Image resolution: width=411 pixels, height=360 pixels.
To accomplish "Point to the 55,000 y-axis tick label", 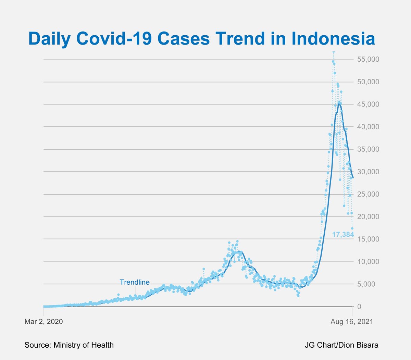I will (x=368, y=59).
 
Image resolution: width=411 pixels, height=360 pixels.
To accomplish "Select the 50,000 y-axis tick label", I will (x=368, y=82).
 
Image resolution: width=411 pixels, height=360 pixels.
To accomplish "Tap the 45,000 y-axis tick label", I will (x=368, y=104).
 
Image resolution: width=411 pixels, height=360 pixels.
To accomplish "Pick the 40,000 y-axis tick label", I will (x=368, y=127).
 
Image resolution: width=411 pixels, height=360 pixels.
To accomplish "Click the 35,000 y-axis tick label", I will (x=368, y=149).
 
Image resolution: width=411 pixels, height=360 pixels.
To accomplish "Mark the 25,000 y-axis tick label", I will (x=368, y=194).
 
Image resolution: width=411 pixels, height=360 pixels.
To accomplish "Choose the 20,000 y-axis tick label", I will (x=368, y=217).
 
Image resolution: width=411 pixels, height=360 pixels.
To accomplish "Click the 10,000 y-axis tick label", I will (x=368, y=262).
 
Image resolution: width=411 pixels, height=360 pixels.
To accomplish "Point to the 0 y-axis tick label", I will (x=359, y=307).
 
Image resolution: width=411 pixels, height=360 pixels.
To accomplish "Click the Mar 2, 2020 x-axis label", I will (x=43, y=322).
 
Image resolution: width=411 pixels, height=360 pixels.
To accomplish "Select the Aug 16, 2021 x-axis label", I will (x=352, y=322).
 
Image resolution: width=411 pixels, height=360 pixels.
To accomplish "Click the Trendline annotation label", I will (x=135, y=282).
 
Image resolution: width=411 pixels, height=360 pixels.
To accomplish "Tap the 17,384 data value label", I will (x=343, y=235).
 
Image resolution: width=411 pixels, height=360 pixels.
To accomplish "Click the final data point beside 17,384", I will (x=352, y=228).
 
